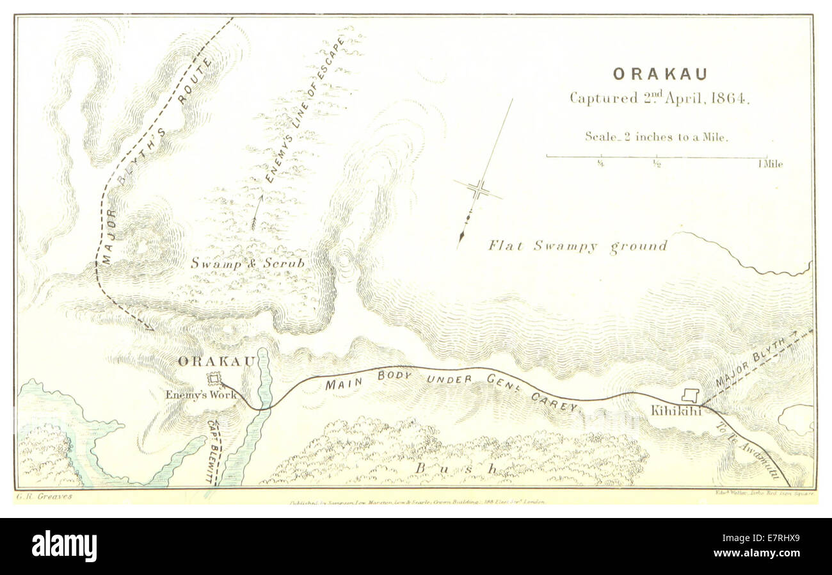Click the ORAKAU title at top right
660,74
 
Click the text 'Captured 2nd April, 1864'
659,99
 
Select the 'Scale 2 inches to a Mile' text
657,136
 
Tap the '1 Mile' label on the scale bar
770,164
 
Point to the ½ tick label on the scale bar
657,164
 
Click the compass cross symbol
478,190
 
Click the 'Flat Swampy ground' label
577,246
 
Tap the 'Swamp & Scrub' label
247,263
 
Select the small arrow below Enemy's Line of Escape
257,213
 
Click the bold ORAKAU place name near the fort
216,361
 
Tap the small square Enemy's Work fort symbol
214,379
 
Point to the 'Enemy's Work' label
200,395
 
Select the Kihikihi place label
676,411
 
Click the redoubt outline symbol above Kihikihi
690,395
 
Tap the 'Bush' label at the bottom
456,469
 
